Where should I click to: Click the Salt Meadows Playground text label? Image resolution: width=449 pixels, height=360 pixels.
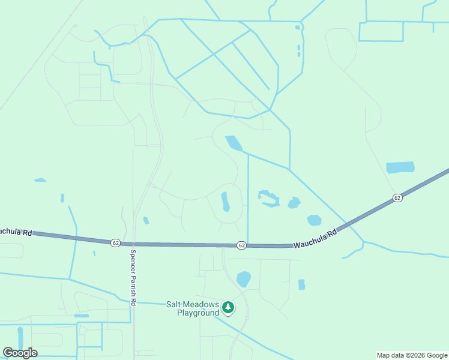point(193,308)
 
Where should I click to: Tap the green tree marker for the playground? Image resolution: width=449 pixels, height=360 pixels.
point(228,308)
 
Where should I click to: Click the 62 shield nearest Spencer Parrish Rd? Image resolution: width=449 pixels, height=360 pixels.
point(115,242)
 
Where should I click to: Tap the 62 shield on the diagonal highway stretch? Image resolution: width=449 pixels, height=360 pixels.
point(397,197)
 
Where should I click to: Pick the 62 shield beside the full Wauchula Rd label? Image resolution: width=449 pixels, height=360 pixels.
point(241,245)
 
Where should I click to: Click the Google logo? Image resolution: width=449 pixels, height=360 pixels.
point(20,353)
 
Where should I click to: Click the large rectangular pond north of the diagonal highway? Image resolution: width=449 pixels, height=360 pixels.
point(400,167)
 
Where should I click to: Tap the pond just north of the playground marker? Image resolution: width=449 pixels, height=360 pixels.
point(243,279)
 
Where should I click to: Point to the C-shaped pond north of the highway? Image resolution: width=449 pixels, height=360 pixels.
point(268,199)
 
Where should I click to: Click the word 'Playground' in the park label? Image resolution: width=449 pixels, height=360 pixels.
point(198,313)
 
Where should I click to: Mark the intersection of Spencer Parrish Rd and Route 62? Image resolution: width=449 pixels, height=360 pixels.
point(133,244)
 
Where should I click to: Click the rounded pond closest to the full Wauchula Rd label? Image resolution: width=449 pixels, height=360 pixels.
point(315,220)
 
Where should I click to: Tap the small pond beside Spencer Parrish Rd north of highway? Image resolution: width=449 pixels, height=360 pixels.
point(146,221)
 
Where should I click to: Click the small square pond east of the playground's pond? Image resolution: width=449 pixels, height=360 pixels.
point(301,284)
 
